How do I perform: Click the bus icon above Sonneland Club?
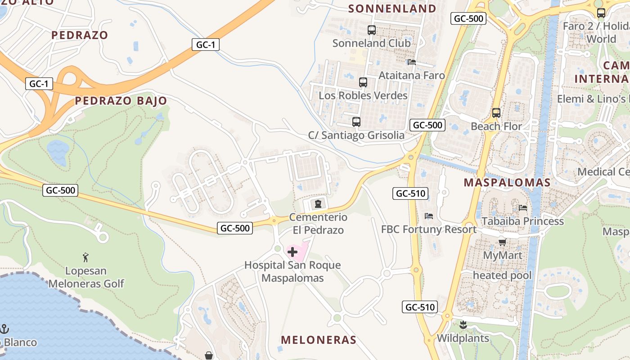pyautogui.click(x=372, y=30)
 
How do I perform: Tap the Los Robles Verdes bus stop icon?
pyautogui.click(x=363, y=82)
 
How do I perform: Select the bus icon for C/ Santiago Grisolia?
pyautogui.click(x=356, y=121)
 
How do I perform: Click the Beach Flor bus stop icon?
pyautogui.click(x=496, y=112)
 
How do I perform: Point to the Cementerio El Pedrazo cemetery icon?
pyautogui.click(x=318, y=204)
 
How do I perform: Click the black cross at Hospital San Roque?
pyautogui.click(x=292, y=252)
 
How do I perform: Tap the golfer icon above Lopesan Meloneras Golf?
pyautogui.click(x=86, y=257)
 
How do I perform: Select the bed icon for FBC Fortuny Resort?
pyautogui.click(x=429, y=216)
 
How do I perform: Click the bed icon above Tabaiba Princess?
pyautogui.click(x=523, y=207)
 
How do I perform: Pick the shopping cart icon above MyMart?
pyautogui.click(x=503, y=242)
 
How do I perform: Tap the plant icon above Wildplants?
pyautogui.click(x=463, y=324)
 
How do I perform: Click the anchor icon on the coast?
pyautogui.click(x=5, y=328)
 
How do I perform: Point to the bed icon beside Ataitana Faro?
pyautogui.click(x=412, y=62)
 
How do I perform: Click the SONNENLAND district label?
pyautogui.click(x=392, y=9)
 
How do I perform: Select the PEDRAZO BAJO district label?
pyautogui.click(x=121, y=101)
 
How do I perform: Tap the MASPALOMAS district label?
pyautogui.click(x=507, y=182)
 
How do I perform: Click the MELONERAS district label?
pyautogui.click(x=319, y=340)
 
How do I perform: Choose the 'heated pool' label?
pyautogui.click(x=502, y=275)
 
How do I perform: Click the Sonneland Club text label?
pyautogui.click(x=372, y=43)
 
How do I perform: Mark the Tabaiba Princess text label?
pyautogui.click(x=523, y=221)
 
